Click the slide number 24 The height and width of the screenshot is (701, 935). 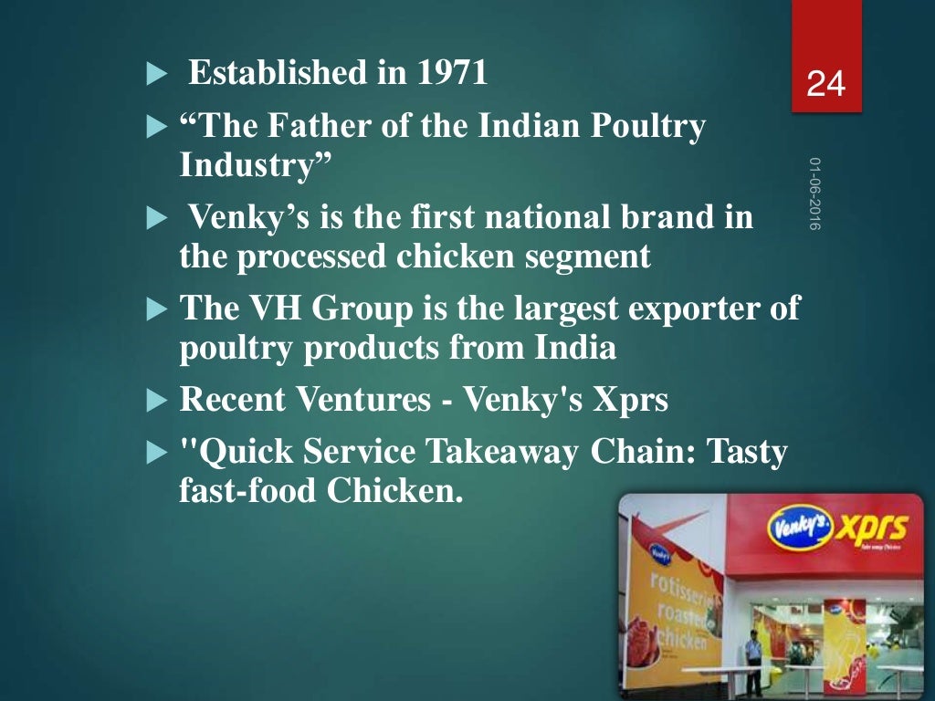click(826, 85)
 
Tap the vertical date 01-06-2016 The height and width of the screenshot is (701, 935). click(814, 194)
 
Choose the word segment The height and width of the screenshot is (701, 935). click(594, 257)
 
